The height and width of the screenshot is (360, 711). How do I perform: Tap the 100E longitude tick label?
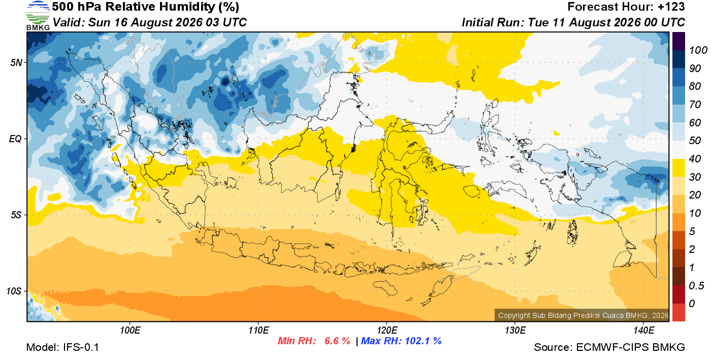(130, 331)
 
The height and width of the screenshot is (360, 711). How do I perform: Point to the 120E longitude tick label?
(387, 331)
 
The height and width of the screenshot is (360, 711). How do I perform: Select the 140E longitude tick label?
(644, 331)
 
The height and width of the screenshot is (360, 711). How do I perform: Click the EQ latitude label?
(16, 139)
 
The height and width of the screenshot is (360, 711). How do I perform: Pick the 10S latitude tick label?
(14, 291)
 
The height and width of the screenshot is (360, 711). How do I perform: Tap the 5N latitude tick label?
(16, 62)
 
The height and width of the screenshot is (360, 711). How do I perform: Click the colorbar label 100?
(698, 50)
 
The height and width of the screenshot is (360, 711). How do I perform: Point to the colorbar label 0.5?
(696, 286)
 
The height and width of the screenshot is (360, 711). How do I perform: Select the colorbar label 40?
(695, 159)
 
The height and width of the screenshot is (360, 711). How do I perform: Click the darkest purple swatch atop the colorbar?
(678, 41)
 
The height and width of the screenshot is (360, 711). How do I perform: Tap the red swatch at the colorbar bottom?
(678, 312)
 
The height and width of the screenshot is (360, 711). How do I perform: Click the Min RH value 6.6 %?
(337, 341)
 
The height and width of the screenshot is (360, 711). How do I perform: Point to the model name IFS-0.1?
(81, 347)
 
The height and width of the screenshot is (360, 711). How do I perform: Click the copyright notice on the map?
(583, 315)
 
